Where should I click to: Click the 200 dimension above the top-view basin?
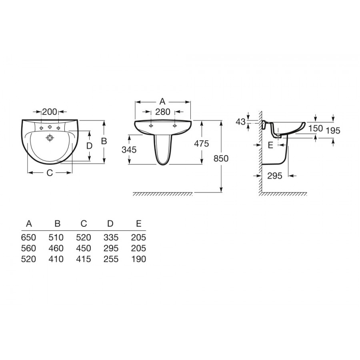[50, 112]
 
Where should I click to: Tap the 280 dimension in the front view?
[163, 112]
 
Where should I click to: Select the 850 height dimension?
[221, 158]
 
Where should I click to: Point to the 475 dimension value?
[202, 144]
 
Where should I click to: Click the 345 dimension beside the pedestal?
[129, 150]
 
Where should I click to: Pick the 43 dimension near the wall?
[241, 122]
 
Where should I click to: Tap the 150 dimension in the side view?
[316, 128]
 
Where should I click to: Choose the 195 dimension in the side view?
[333, 131]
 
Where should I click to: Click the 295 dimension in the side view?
[275, 176]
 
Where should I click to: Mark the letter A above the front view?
[162, 101]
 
